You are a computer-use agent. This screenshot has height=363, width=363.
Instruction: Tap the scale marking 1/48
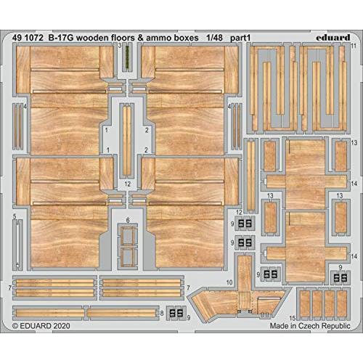click(214, 38)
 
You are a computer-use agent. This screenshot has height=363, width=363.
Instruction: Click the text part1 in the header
click(240, 38)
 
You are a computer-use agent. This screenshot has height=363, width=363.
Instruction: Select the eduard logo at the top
click(333, 38)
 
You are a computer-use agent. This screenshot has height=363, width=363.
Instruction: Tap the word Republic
click(337, 326)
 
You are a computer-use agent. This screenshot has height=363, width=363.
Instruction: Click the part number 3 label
click(120, 46)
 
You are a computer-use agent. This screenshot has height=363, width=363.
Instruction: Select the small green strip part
click(127, 57)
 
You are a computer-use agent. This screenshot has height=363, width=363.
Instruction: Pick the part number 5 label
click(15, 216)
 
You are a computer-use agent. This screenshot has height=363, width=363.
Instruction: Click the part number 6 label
click(128, 220)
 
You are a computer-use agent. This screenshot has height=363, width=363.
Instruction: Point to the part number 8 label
click(162, 313)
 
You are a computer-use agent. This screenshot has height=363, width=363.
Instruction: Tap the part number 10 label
click(229, 282)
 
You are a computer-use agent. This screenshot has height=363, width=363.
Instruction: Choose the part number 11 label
click(354, 46)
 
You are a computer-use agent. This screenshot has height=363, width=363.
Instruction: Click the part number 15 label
click(293, 318)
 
